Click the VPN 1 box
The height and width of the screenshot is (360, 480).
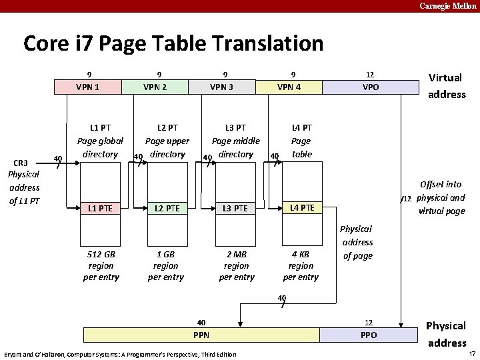pos(88,87)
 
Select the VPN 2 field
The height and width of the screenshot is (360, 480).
pos(155,87)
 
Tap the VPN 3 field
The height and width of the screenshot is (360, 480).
pos(222,87)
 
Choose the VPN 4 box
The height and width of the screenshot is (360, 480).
pos(289,87)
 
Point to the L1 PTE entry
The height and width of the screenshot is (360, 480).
pos(101,209)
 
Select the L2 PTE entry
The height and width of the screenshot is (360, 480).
pos(167,209)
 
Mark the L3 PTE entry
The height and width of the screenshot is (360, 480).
pos(236,209)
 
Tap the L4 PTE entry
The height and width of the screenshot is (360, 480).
pos(302,208)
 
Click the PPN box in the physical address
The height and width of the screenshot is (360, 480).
pos(201,335)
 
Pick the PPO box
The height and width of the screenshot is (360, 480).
pos(369,335)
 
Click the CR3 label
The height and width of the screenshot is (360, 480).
pos(22,163)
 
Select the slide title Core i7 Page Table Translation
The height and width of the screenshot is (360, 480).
pos(173,44)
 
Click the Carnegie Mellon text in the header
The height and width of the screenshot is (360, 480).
pos(448,6)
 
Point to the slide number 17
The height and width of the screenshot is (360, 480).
pos(471,353)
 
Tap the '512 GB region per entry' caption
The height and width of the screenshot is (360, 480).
pos(101,265)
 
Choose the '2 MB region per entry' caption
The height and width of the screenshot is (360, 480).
pos(236,265)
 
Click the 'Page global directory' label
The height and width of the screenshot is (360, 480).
pos(101,141)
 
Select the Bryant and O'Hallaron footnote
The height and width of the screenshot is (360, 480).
pos(120,354)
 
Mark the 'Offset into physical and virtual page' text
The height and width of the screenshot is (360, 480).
pos(441,198)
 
